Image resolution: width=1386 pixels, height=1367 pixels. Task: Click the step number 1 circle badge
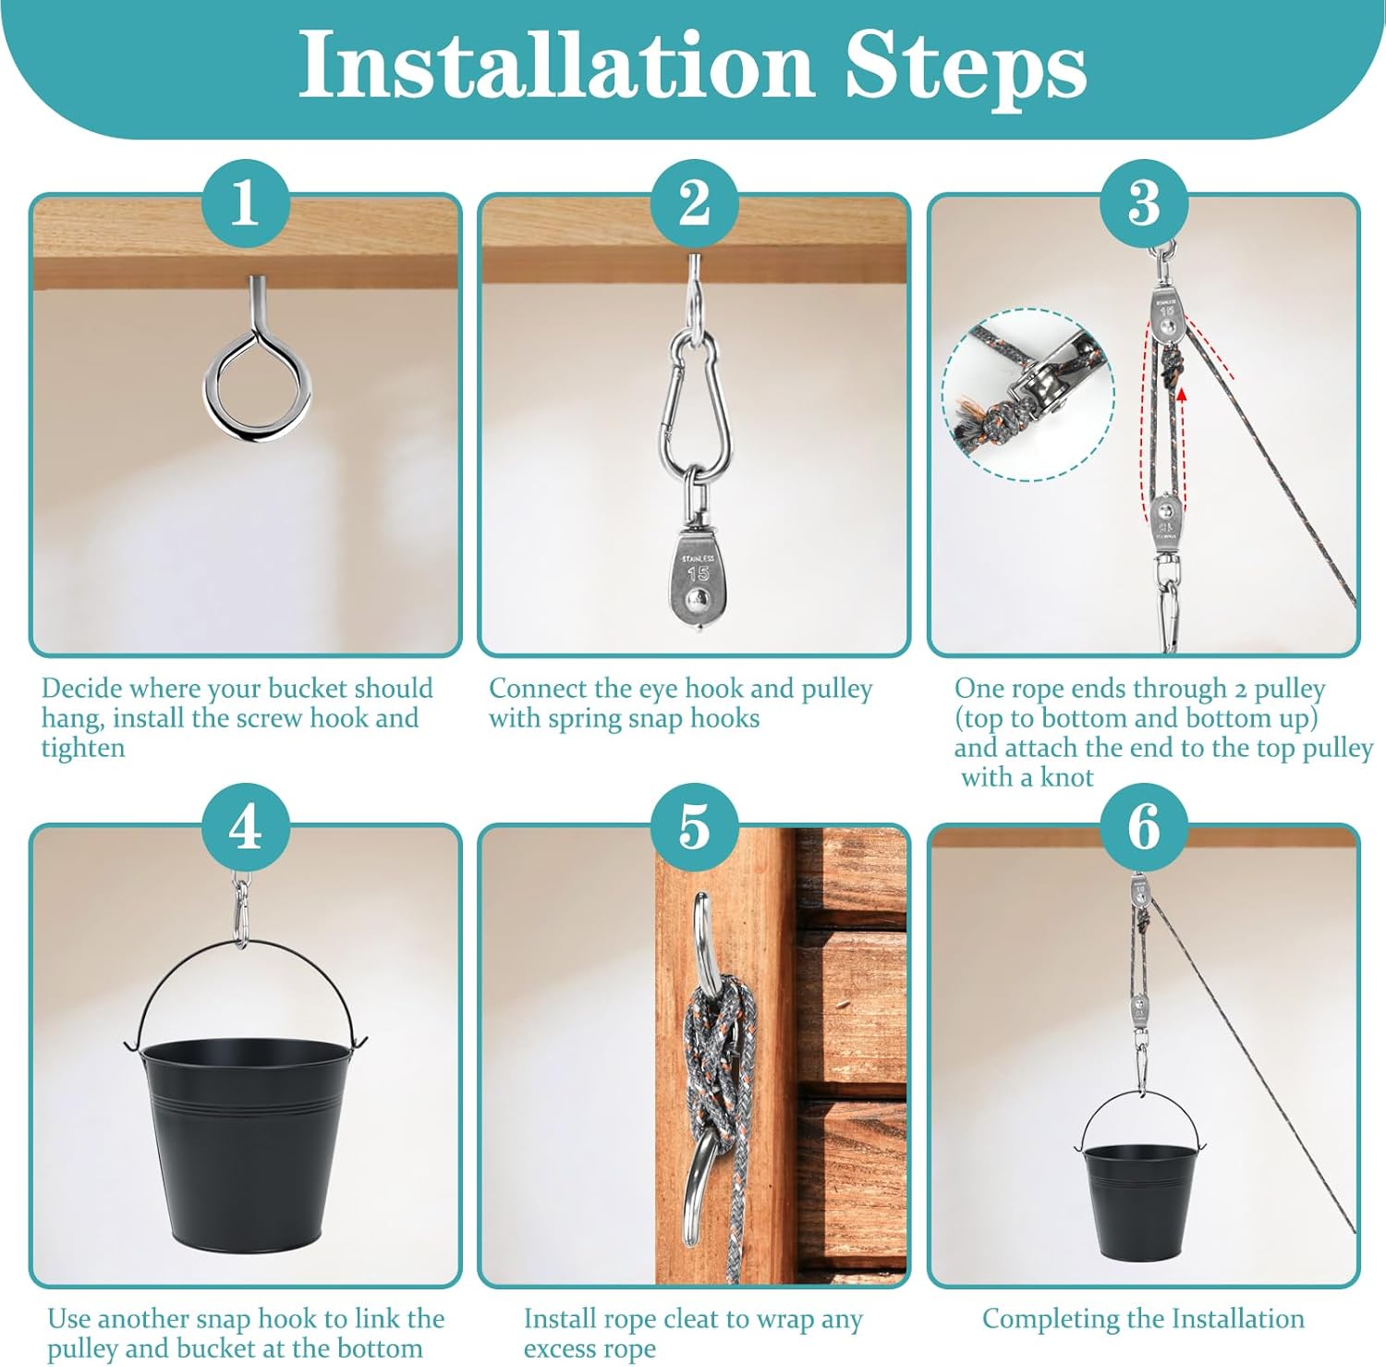(x=246, y=203)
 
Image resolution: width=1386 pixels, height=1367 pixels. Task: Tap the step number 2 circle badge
(x=694, y=203)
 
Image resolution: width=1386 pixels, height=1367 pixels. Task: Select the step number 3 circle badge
(x=1144, y=203)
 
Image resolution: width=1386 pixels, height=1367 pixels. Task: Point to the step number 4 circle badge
(x=246, y=826)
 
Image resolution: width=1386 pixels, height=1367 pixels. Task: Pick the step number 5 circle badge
(x=694, y=826)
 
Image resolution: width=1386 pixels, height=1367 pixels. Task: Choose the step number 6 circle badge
(x=1144, y=826)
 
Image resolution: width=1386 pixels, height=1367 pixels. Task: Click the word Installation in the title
(x=555, y=64)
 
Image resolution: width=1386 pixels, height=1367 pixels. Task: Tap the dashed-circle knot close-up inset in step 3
(x=1028, y=395)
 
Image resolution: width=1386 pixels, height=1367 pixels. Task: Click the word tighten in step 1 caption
(x=83, y=749)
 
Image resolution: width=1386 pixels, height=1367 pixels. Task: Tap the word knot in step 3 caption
(x=1066, y=777)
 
